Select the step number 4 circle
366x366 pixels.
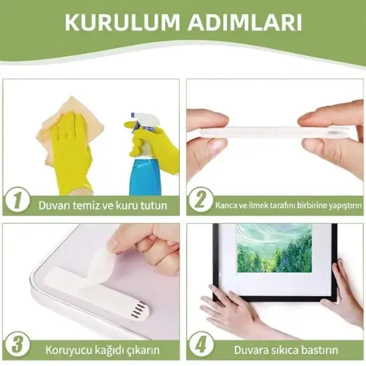click(199, 347)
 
